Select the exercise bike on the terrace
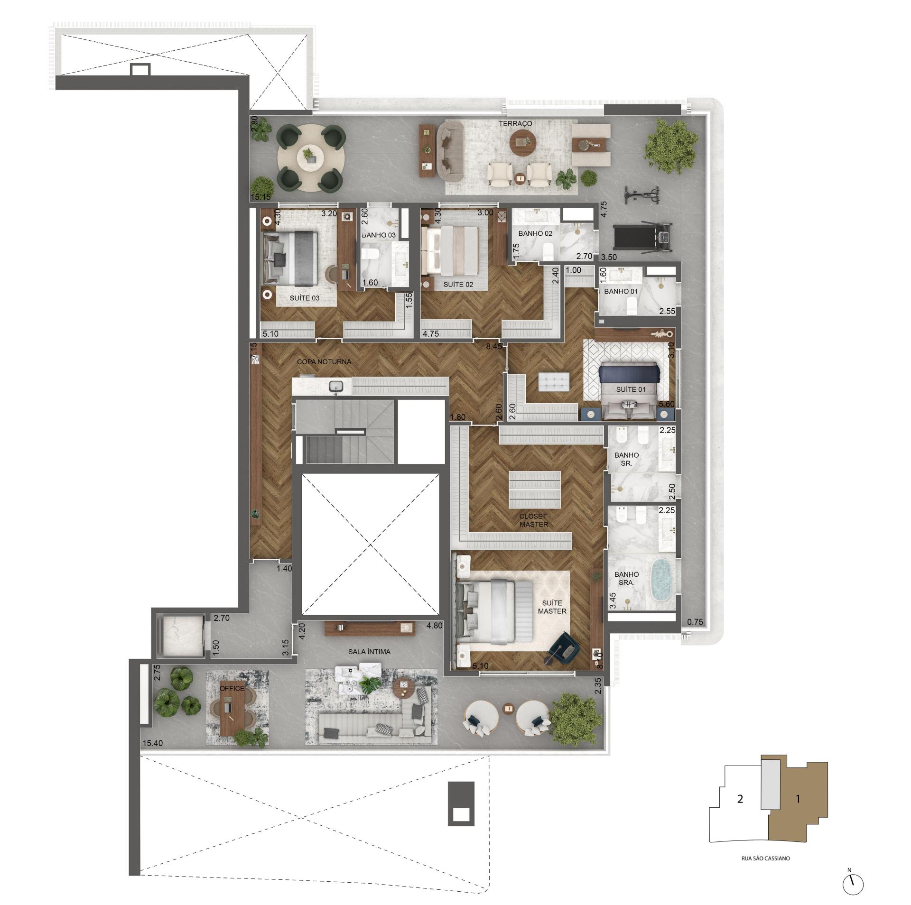pos(642,193)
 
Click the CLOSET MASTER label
pos(533,520)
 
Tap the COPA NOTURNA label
pos(324,361)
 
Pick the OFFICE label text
pos(232,688)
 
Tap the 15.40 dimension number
pos(152,743)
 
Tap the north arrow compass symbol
pos(853,883)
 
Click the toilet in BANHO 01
pos(631,306)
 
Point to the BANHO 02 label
pos(535,233)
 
